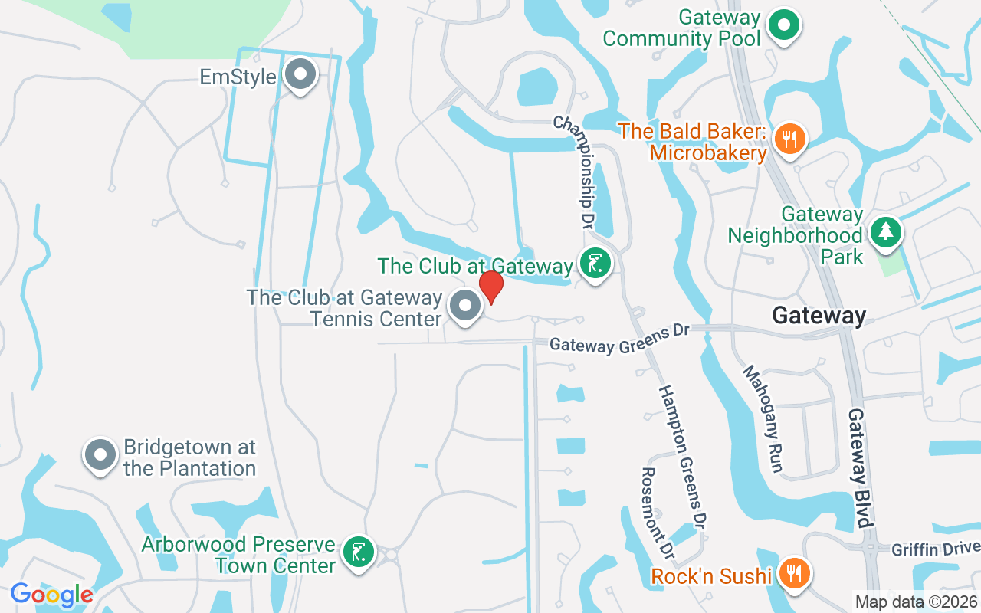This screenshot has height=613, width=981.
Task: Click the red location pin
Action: (490, 286)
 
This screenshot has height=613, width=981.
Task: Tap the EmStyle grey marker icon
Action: (300, 75)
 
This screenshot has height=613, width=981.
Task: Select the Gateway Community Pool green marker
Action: (783, 25)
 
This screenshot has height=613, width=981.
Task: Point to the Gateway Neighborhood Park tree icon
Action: (886, 231)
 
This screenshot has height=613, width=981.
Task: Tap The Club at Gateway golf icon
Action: (595, 264)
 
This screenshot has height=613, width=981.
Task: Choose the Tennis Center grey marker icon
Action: (464, 306)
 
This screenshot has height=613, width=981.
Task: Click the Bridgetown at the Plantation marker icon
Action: (100, 455)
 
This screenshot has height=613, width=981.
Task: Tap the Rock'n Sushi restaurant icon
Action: (792, 573)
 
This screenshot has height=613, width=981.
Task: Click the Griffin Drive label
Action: (935, 549)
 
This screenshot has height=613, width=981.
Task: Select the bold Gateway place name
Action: (819, 315)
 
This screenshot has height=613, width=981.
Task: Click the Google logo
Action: (51, 595)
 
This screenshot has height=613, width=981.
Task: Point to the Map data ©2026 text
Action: (915, 602)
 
